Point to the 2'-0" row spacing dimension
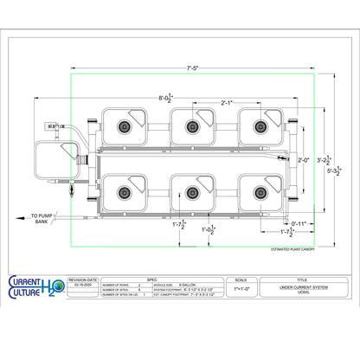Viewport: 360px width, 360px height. (302, 160)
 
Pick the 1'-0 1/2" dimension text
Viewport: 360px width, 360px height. (209, 230)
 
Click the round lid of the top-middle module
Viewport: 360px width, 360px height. (190, 126)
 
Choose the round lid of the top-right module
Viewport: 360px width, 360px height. (258, 126)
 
